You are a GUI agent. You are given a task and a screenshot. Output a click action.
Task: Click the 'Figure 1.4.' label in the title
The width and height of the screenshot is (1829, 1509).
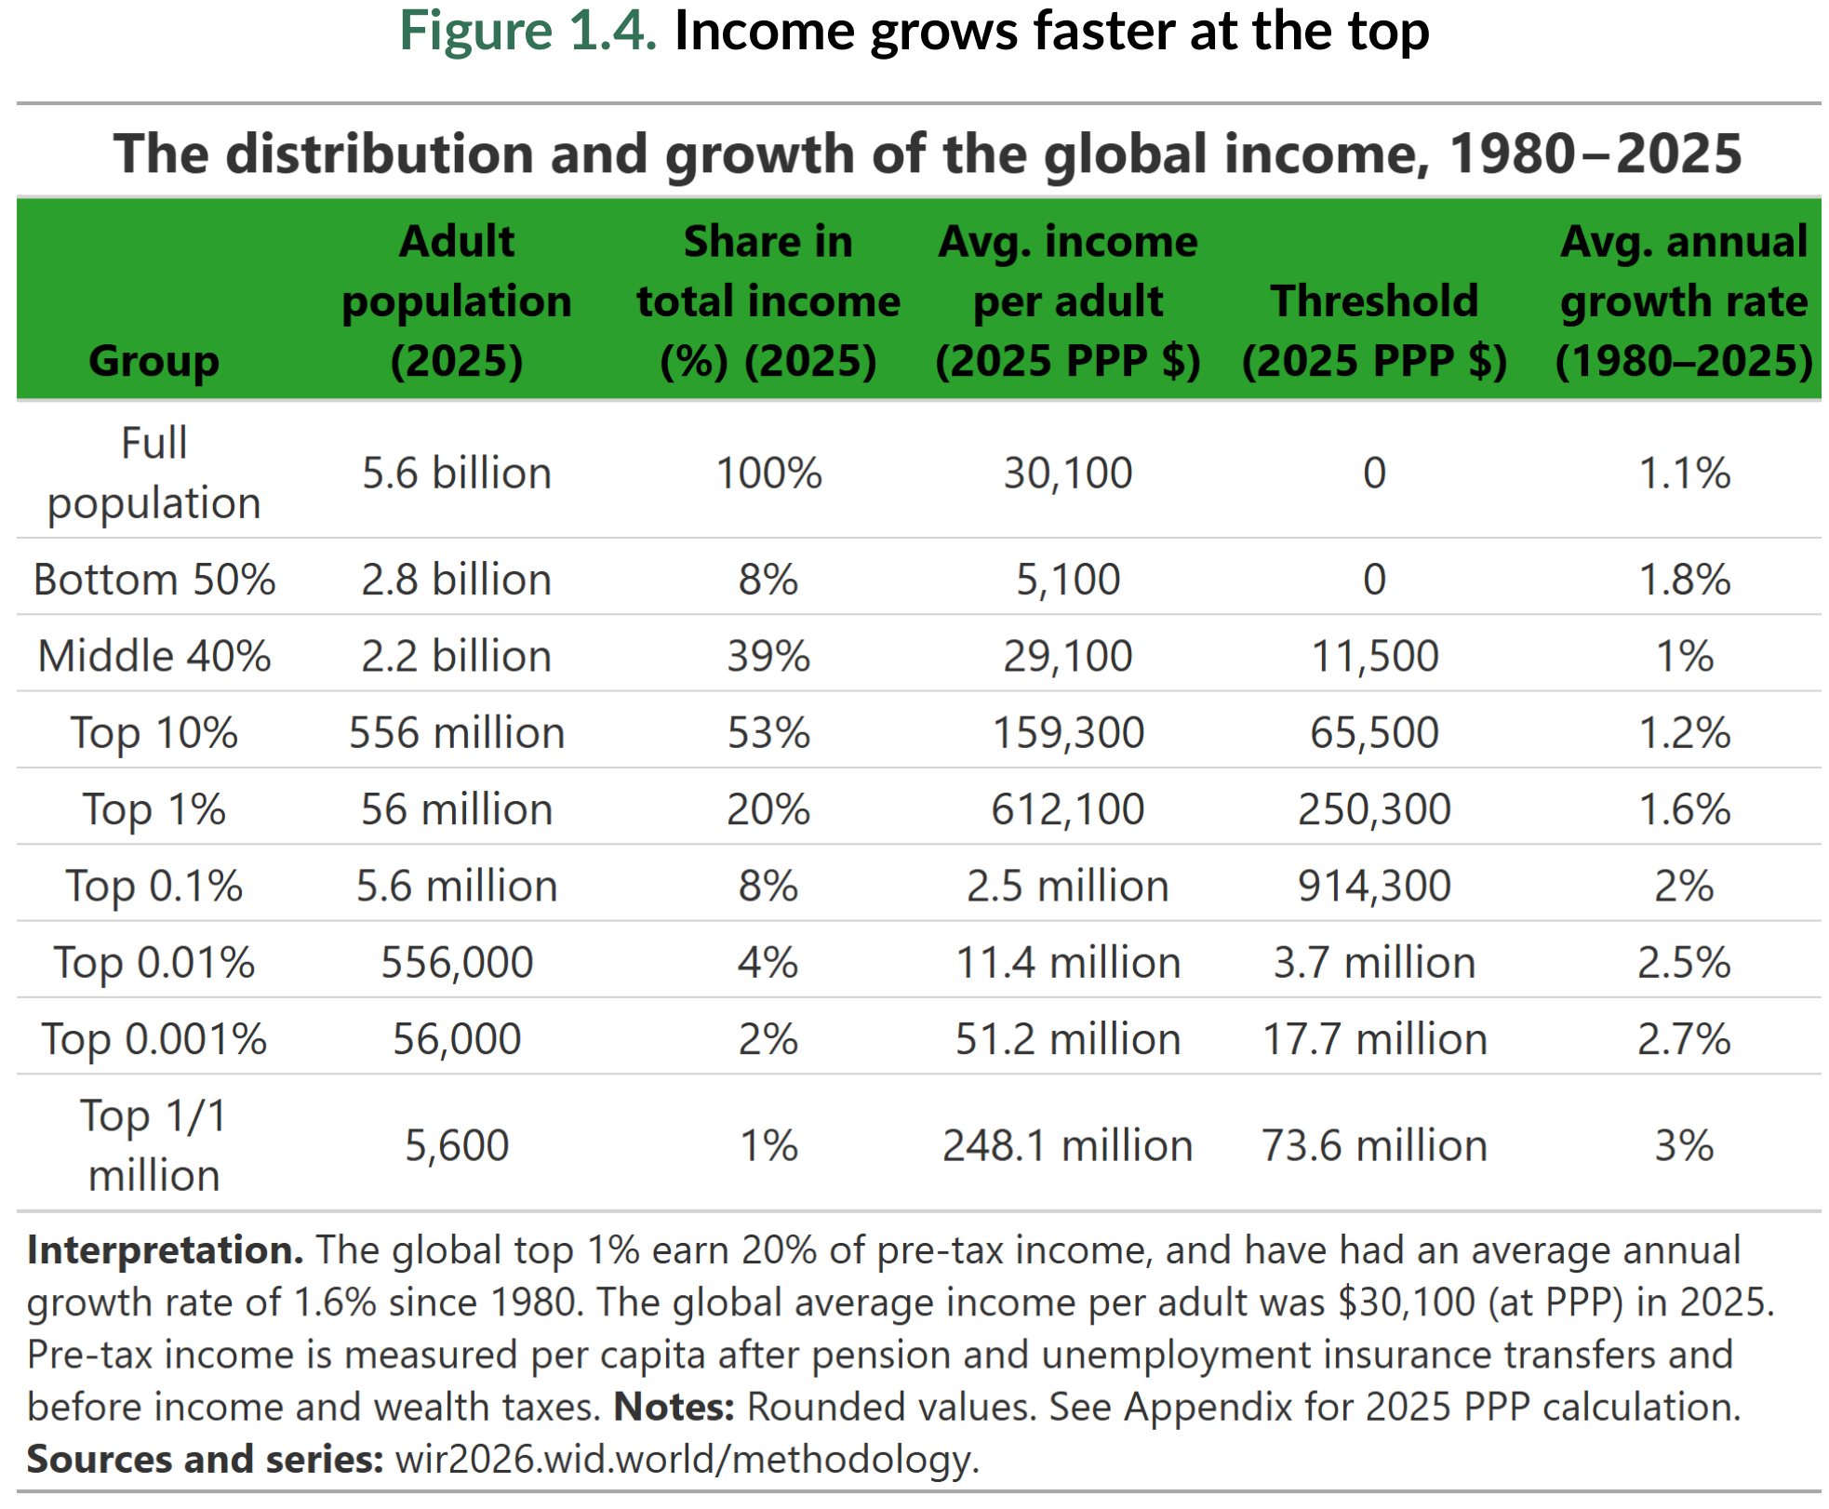click(x=527, y=32)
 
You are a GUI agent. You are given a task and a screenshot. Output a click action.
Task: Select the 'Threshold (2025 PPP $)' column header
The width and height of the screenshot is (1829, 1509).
click(x=1374, y=330)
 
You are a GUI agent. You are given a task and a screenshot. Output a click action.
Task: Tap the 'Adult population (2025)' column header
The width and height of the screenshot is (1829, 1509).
click(x=456, y=300)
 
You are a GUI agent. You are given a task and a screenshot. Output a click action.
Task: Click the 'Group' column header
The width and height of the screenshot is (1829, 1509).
click(x=154, y=361)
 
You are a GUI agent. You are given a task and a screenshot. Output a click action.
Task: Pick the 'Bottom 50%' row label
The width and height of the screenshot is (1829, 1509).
click(x=154, y=580)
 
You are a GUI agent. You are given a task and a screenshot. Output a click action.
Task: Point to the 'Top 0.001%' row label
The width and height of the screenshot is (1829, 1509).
click(x=154, y=1039)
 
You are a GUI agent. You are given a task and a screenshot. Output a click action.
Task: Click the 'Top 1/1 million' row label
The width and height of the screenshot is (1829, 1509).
click(x=154, y=1145)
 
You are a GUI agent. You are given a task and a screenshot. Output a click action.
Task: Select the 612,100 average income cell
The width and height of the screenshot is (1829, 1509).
click(x=1067, y=809)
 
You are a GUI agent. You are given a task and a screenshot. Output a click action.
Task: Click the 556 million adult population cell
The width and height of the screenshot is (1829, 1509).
click(x=456, y=733)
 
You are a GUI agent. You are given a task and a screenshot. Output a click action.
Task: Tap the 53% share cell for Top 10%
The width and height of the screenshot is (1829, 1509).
click(x=768, y=733)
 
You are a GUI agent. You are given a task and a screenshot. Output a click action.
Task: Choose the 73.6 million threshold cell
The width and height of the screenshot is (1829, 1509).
click(x=1374, y=1145)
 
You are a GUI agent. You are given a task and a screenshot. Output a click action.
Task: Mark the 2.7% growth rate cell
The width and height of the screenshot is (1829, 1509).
click(x=1683, y=1039)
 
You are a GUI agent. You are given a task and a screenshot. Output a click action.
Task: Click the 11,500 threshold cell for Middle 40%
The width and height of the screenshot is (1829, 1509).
click(x=1374, y=657)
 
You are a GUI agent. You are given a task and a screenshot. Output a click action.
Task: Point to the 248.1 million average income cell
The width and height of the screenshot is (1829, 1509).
click(x=1067, y=1145)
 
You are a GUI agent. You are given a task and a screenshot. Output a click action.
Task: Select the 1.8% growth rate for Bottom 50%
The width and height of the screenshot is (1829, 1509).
click(x=1683, y=580)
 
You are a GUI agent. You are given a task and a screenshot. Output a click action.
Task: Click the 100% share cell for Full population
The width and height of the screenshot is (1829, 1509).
click(x=768, y=474)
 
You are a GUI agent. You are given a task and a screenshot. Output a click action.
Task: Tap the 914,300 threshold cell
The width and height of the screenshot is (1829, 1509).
click(x=1374, y=886)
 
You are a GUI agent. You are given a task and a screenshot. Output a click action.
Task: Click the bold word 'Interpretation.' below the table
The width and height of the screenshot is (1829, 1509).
click(x=165, y=1250)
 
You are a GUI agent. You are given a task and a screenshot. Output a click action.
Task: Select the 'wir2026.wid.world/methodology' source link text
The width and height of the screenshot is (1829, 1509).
click(x=686, y=1459)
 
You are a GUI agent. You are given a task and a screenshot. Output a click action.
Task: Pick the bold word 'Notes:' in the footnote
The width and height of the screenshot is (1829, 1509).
click(x=674, y=1407)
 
